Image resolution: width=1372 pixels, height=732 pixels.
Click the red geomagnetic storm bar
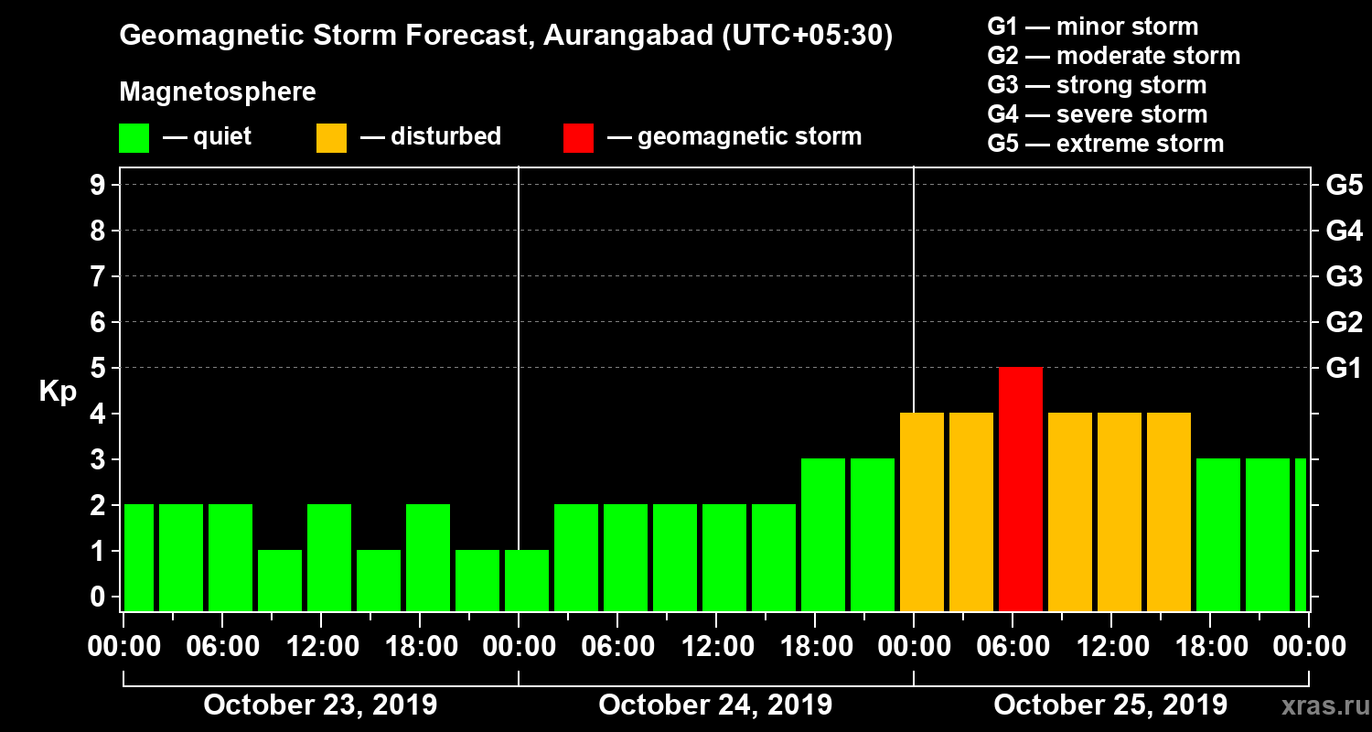1021,489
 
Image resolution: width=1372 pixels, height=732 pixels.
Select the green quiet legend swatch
134,137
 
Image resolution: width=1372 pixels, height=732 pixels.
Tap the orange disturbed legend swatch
331,137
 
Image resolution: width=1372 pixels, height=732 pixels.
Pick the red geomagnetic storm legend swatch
578,137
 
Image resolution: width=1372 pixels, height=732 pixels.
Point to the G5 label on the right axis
1344,186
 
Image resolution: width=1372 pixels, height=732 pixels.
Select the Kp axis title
58,392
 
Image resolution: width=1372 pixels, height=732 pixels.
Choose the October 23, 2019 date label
320,705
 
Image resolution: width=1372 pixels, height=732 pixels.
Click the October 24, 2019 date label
715,705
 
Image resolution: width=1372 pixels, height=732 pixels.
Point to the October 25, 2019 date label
1110,705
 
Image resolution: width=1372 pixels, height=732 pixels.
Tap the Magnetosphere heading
218,92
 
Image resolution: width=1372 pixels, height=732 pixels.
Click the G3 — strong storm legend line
1097,85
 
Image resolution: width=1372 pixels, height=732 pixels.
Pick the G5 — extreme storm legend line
1105,144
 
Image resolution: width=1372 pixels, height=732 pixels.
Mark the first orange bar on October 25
922,511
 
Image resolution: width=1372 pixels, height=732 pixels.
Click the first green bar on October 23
139,557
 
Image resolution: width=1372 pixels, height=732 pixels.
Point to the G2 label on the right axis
1344,323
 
